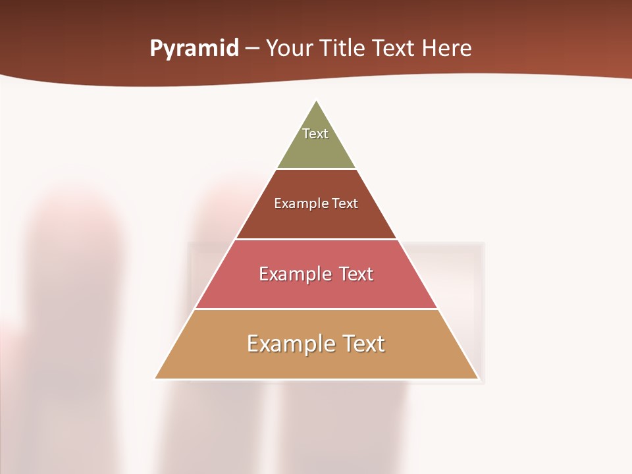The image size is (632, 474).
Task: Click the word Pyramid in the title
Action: (194, 49)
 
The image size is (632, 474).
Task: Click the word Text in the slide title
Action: (393, 48)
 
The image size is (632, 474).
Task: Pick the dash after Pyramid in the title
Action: (252, 49)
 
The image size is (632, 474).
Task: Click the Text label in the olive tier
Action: (315, 134)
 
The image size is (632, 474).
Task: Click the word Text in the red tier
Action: (356, 274)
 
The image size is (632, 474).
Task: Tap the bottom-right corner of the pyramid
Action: (477, 378)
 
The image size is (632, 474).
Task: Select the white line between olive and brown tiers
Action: (317, 169)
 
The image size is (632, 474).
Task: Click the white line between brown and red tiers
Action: (317, 239)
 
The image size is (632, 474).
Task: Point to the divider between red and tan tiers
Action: (317, 309)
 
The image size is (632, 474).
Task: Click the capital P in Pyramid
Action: (155, 48)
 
